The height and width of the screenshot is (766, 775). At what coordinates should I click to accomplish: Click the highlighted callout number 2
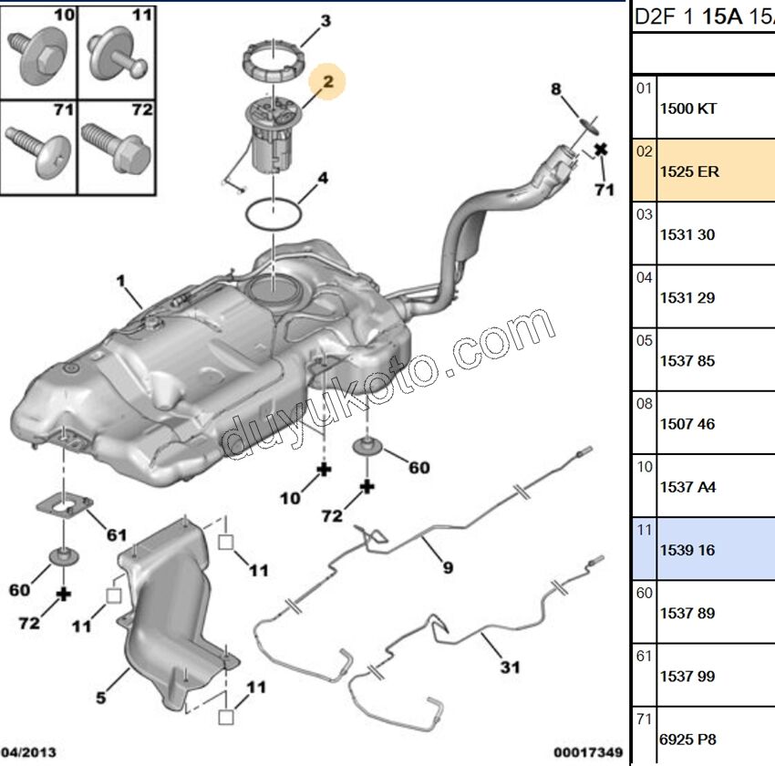pos(328,82)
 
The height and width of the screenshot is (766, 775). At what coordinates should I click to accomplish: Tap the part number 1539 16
pos(687,551)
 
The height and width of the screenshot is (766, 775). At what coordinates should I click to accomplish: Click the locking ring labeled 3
pos(272,63)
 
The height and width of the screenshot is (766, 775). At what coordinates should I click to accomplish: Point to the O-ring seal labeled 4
pos(274,214)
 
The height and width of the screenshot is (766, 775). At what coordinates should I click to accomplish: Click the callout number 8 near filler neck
pos(556,88)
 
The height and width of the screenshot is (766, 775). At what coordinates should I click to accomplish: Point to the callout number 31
pos(511,668)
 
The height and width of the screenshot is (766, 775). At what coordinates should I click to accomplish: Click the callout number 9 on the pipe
pos(448,568)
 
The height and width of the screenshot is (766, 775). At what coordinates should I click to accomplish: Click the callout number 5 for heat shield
pos(101,699)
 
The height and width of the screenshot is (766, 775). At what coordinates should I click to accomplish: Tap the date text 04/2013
pos(28,752)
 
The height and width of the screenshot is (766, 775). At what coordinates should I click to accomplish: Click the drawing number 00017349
pos(588,752)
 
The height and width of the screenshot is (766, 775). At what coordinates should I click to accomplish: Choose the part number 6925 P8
pos(687,740)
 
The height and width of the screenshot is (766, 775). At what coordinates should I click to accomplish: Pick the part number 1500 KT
pos(687,109)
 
